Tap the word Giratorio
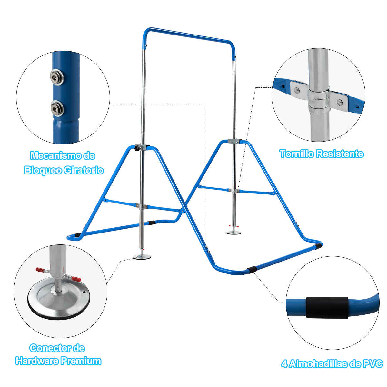pos(84,171)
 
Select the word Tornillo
pos(296,154)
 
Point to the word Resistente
pos(340,154)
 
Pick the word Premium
pos(81,361)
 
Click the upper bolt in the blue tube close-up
pos(57,76)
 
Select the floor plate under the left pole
pos(142,257)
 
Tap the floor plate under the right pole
pos(234,233)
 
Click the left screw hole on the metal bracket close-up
pos(297,90)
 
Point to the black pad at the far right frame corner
pos(318,246)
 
